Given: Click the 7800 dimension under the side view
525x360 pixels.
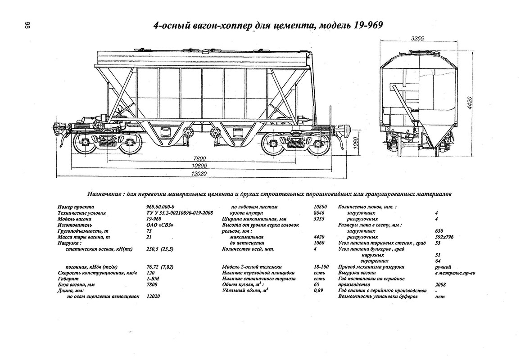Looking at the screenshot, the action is click(199, 158).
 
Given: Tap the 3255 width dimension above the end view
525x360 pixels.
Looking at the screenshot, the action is click(418, 39).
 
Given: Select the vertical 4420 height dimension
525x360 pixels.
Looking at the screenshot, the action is click(470, 103).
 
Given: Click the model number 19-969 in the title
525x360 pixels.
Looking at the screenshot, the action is click(364, 25).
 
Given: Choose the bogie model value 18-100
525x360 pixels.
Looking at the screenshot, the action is click(321, 267).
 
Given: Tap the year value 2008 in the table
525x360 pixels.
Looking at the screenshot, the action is click(441, 285).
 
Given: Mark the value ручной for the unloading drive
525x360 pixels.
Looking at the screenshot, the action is click(444, 267).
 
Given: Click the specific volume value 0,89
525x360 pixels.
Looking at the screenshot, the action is click(318, 291).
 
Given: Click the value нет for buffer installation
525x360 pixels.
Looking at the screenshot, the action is click(440, 297).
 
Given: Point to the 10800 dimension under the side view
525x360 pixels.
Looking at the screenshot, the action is click(199, 166).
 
